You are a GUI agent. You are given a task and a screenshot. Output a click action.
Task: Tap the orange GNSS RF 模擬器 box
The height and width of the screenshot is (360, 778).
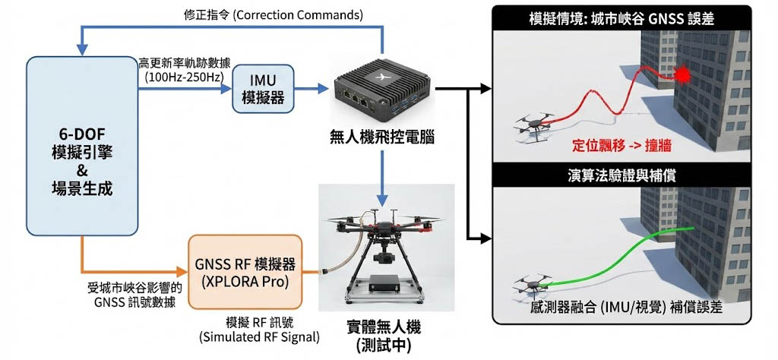click(x=245, y=271)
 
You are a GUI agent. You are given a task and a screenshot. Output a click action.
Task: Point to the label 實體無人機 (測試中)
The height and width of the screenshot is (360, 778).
click(x=384, y=335)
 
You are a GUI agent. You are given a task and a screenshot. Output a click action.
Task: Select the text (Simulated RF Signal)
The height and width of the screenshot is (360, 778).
click(x=259, y=336)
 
